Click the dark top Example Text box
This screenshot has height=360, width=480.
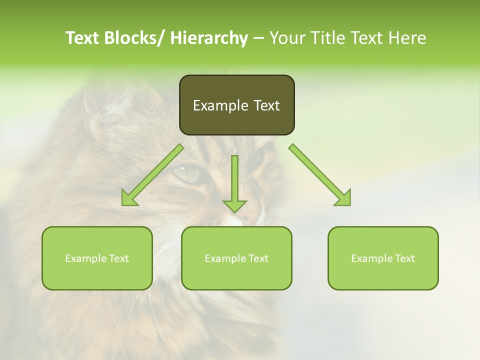(x=236, y=105)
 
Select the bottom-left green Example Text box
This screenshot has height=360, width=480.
(x=97, y=258)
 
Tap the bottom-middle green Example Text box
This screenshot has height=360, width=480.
(x=236, y=258)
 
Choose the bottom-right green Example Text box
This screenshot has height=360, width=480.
(x=383, y=258)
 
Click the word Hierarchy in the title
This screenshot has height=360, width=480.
(x=209, y=38)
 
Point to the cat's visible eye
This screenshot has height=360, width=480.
(x=187, y=174)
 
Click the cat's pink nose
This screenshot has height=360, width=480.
(x=245, y=217)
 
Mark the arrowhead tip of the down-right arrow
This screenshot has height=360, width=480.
(x=349, y=204)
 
